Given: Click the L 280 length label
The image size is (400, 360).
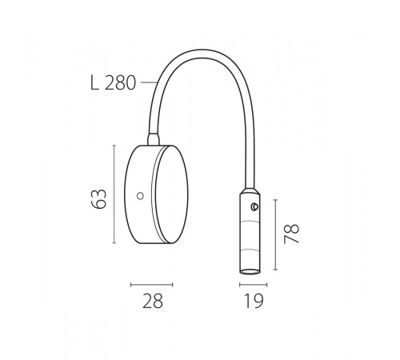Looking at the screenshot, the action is [x=113, y=83].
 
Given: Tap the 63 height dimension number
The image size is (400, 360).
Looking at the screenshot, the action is [x=98, y=198].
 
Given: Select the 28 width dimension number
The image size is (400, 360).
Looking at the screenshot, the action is [x=153, y=301].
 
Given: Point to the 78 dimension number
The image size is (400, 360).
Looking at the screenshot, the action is [x=291, y=234].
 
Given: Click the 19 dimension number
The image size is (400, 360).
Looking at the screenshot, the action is [x=254, y=301].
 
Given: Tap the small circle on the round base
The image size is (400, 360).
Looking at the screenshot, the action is [x=140, y=196].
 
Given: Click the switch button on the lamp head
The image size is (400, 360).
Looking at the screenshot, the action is [x=254, y=207].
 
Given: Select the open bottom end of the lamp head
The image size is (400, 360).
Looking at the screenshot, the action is [x=250, y=271].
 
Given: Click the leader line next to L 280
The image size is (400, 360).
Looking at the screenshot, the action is [x=149, y=83].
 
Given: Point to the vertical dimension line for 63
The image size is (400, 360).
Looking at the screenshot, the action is [x=114, y=194].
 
